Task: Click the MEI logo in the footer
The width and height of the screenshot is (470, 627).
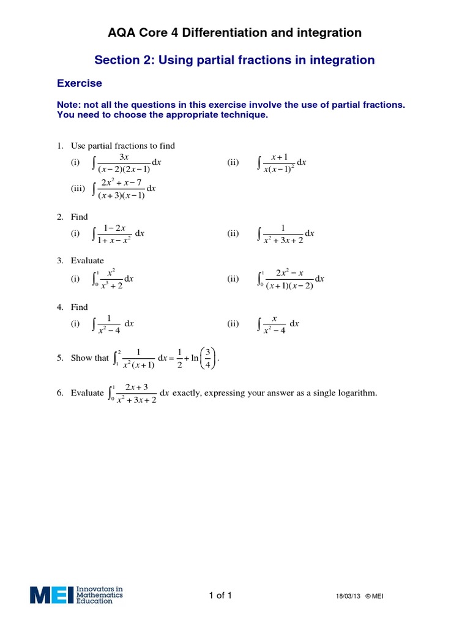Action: pos(76,595)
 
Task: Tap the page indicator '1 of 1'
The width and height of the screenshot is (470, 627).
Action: pos(220,595)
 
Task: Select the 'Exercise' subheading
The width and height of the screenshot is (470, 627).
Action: pos(80,83)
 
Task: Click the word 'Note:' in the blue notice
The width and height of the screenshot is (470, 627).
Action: pos(69,105)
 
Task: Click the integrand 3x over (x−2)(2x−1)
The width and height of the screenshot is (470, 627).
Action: pos(124,162)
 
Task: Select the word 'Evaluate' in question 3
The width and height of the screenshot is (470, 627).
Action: pos(88,260)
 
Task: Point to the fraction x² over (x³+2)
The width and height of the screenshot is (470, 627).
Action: pos(111,279)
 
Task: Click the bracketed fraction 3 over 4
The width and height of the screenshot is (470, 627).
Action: pos(208,358)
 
